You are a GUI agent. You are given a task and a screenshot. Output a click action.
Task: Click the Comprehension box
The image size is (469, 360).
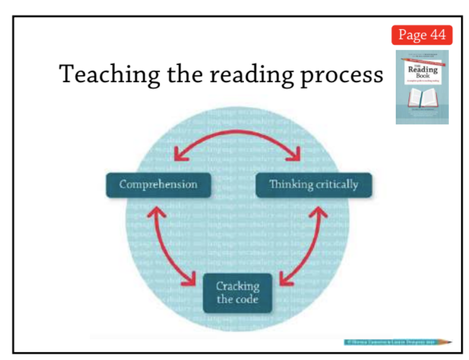coord(158,185)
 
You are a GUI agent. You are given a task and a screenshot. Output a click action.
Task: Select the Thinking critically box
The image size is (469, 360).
coord(314,185)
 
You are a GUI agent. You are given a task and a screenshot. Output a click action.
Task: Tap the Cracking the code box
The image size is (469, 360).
coord(237,293)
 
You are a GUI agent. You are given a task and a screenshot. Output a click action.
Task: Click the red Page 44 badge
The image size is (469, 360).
coord(422,35)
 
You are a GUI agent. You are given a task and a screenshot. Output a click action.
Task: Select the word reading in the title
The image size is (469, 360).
coord(247,75)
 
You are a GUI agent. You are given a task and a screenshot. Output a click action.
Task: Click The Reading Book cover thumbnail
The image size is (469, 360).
coord(422,87)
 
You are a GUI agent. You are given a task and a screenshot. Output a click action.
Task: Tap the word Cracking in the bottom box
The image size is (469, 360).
coord(238,286)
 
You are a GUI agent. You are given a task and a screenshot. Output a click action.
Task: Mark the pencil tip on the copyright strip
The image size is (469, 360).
coord(450,342)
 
